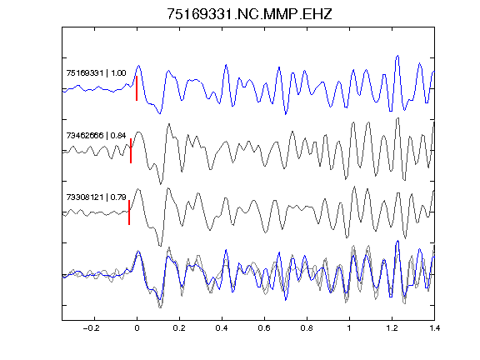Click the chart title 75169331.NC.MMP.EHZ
click(249, 14)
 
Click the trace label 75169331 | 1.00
click(96, 73)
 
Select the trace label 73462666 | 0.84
click(96, 135)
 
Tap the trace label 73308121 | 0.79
click(96, 197)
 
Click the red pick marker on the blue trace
click(137, 88)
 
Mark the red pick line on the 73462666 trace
click(131, 151)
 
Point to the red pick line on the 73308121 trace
click(129, 212)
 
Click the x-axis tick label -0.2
click(92, 328)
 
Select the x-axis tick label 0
click(137, 328)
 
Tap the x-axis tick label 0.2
click(179, 328)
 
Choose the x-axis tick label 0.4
click(222, 328)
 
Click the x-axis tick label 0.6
click(264, 328)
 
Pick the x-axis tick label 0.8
click(307, 328)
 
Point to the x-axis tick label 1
click(349, 328)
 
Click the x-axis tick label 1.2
click(392, 328)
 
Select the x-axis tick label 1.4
click(434, 328)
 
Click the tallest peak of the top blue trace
click(397, 56)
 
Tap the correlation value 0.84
click(118, 135)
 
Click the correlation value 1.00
click(118, 73)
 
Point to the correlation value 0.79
click(118, 197)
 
